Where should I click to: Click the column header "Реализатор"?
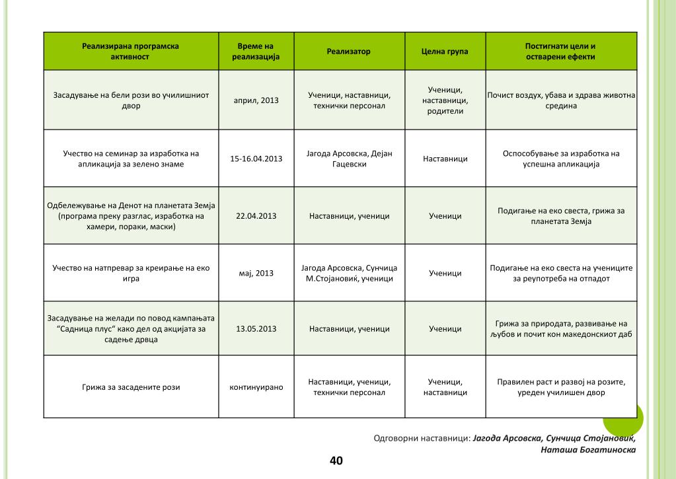(348, 52)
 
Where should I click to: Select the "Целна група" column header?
(445, 52)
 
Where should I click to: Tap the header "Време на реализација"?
(256, 52)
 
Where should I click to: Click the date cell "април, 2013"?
(256, 100)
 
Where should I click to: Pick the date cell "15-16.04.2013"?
(256, 159)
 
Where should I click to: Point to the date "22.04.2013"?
(256, 216)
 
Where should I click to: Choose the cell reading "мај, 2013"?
(256, 273)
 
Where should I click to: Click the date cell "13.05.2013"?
(256, 329)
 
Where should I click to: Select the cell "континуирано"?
(256, 387)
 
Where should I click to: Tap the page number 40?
(336, 461)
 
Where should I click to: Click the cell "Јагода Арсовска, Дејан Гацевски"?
(349, 159)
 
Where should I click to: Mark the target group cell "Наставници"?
(445, 159)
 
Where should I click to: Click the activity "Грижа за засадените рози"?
(131, 388)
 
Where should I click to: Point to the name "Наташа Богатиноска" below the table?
(588, 450)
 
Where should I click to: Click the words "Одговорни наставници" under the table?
(422, 437)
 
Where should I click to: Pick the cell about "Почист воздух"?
(561, 100)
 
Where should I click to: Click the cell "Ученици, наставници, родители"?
(445, 100)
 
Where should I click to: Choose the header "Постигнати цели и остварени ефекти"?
(560, 52)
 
